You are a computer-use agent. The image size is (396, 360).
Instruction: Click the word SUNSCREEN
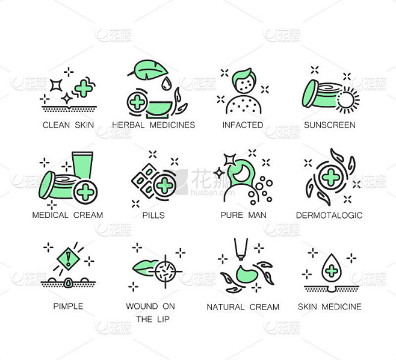330,125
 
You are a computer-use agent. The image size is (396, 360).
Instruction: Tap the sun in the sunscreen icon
347,100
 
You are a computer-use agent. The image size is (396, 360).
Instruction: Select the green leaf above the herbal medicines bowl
148,67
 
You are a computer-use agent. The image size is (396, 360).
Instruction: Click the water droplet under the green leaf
166,84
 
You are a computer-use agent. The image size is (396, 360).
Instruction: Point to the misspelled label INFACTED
243,125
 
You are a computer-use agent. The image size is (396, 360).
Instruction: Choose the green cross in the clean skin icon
84,88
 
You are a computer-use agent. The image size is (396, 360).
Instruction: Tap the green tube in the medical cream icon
82,165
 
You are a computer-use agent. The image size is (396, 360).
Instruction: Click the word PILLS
153,216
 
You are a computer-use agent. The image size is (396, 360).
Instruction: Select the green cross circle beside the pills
164,185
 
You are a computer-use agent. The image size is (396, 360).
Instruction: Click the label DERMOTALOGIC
329,216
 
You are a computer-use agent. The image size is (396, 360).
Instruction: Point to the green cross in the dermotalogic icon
331,178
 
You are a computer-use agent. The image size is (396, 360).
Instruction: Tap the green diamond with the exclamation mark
69,259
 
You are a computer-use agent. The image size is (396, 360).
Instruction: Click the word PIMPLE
68,306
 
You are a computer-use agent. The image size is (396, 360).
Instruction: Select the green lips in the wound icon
144,268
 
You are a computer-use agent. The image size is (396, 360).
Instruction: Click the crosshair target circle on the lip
166,272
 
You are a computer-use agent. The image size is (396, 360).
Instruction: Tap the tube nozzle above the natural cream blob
241,249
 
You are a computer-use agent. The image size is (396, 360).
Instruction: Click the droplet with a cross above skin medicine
332,268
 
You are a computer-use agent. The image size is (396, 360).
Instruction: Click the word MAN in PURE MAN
257,215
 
